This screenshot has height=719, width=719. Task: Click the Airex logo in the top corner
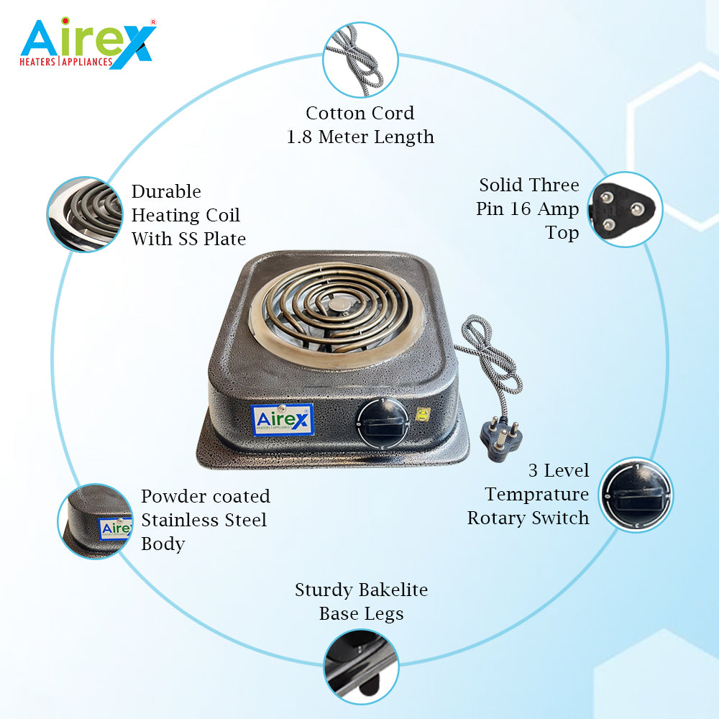tap(88, 43)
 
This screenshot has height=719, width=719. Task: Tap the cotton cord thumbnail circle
tap(359, 60)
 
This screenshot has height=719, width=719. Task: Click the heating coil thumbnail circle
tap(83, 214)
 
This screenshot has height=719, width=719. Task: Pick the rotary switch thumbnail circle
tap(636, 495)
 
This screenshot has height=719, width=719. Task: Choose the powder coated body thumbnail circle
tap(94, 521)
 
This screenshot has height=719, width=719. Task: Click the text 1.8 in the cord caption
tap(299, 137)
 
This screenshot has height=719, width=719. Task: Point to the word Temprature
tap(536, 495)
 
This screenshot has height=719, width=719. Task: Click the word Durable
tap(166, 192)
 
